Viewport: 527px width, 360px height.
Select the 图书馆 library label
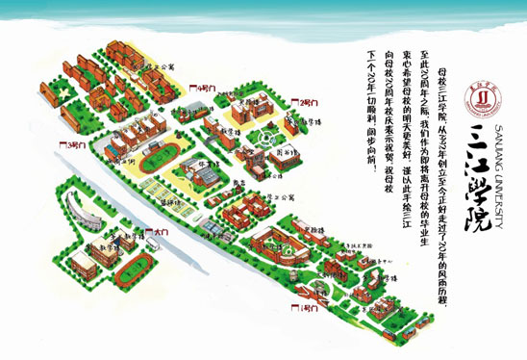(x=284, y=152)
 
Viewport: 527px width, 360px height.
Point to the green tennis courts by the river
(x=158, y=196)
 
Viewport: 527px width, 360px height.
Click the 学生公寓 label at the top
(x=164, y=67)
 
